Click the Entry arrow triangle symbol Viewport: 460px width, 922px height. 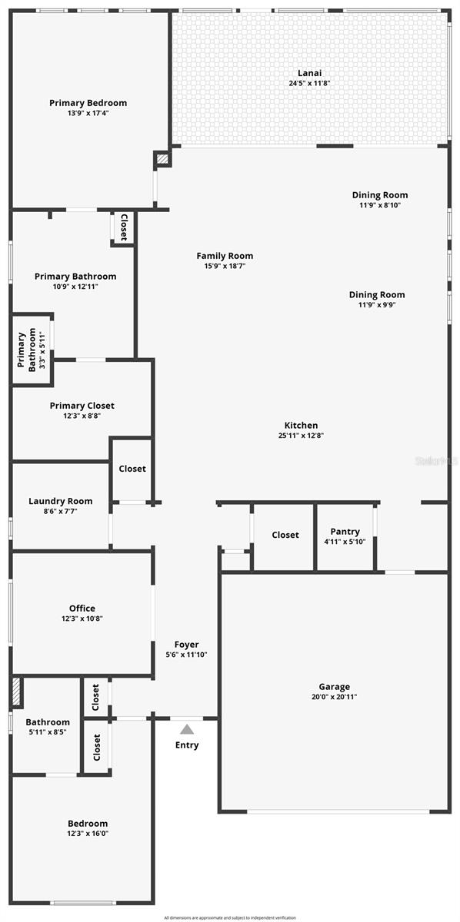(x=187, y=729)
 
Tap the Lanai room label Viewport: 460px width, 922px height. (x=309, y=73)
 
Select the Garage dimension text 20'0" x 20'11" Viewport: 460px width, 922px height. (x=334, y=697)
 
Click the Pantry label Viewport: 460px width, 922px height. (x=345, y=532)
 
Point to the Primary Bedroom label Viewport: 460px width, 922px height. (x=88, y=103)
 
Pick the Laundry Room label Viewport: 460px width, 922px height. (x=60, y=501)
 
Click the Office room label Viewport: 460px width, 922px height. (x=82, y=609)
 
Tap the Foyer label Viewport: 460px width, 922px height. (x=186, y=645)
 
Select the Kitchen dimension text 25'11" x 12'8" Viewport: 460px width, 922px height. (x=301, y=436)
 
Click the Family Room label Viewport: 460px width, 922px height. (x=225, y=256)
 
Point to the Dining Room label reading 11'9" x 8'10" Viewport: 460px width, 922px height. (x=380, y=205)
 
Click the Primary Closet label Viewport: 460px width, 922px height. (x=82, y=406)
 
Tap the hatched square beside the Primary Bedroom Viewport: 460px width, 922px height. (x=162, y=160)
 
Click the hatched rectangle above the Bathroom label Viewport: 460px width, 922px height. (x=16, y=693)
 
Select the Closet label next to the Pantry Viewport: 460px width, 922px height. (x=285, y=535)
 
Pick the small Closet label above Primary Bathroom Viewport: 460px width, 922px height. (x=123, y=227)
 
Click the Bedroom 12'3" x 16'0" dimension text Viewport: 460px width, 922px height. (x=87, y=834)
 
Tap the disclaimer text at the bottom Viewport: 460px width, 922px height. (x=229, y=917)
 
